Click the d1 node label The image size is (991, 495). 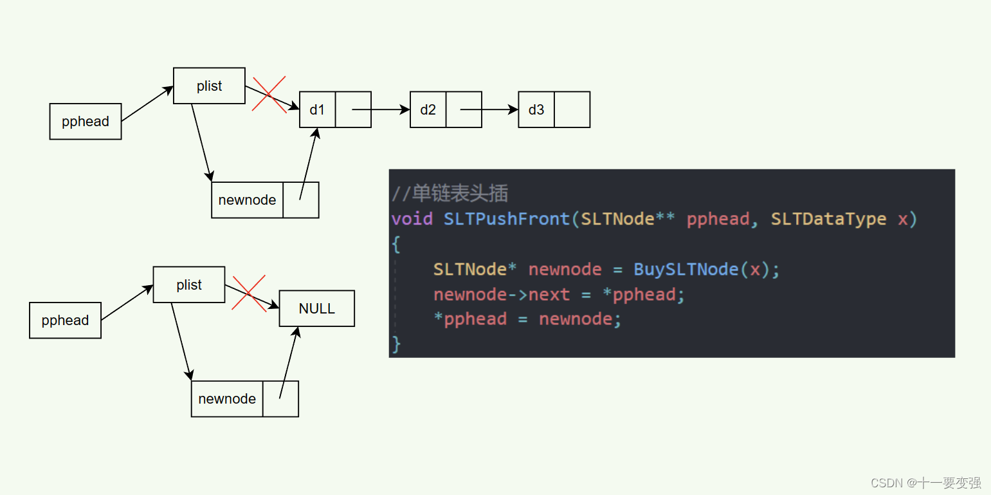pos(317,109)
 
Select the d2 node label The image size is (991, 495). pos(428,109)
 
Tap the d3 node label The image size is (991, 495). pos(536,109)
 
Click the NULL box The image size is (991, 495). pos(316,308)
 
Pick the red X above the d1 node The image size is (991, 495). pos(269,95)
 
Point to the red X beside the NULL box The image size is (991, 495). pos(249,294)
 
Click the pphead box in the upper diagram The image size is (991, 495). pos(86,121)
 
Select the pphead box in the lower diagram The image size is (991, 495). pos(65,320)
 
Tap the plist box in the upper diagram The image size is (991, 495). pos(209,86)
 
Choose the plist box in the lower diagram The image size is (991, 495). pos(189,285)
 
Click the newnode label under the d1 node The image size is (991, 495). pos(247,200)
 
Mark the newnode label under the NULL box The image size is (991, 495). pos(227,398)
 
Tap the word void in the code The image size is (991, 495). pos(412,219)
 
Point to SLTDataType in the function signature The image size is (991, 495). pos(828,219)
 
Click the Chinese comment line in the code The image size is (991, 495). pos(450,193)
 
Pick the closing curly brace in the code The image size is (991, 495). pos(396,344)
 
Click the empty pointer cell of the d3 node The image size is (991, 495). pos(572,109)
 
